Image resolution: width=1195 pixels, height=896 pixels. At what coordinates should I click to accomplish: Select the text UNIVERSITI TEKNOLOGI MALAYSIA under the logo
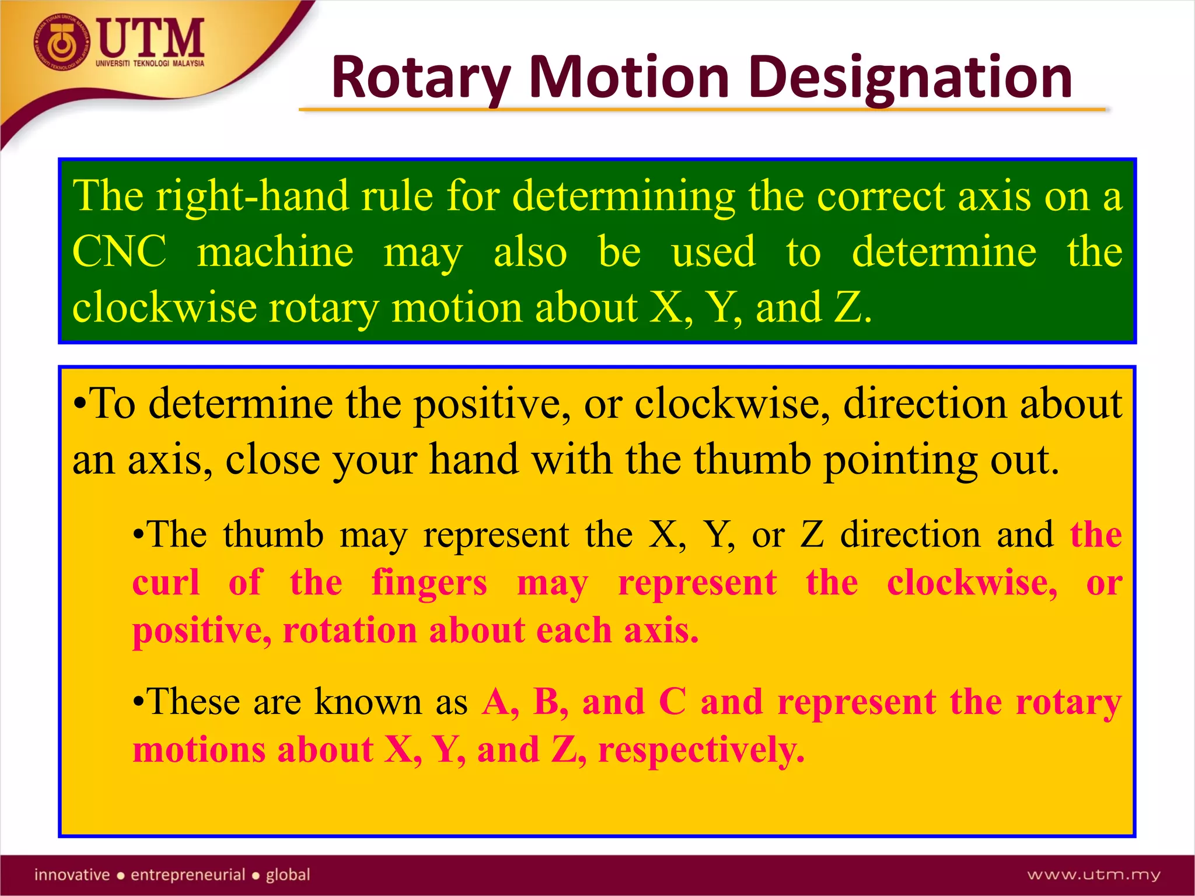150,64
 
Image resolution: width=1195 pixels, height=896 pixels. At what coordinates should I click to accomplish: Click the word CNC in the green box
119,251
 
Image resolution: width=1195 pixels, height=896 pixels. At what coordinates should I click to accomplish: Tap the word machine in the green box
275,251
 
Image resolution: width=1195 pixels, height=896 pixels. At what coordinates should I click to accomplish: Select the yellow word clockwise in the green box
164,307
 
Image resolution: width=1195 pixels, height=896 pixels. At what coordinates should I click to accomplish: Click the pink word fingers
429,583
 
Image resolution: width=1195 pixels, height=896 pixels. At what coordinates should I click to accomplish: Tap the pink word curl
166,583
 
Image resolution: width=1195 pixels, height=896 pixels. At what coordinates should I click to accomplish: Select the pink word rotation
350,631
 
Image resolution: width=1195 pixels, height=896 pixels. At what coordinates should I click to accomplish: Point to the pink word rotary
1068,702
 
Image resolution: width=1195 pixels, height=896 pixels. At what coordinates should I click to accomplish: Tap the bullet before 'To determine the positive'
80,404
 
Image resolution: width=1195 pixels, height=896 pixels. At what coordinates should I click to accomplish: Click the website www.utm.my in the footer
1093,874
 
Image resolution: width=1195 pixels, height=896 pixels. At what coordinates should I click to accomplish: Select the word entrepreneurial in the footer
188,874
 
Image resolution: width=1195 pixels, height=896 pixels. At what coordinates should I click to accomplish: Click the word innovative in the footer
72,874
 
